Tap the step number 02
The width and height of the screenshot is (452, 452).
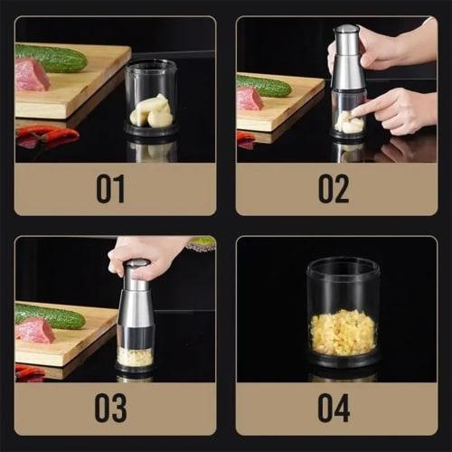(334, 188)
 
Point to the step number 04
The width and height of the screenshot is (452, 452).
(334, 408)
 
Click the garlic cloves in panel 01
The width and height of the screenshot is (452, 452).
(151, 111)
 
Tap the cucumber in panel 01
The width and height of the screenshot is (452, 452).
(51, 59)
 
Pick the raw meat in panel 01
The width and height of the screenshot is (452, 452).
(32, 75)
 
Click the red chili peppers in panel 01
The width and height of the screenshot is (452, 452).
(47, 136)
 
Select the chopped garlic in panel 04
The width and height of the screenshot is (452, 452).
(342, 332)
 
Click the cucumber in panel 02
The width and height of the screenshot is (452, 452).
(264, 87)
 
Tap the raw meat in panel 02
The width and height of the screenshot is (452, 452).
(250, 99)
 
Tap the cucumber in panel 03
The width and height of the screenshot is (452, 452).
(50, 315)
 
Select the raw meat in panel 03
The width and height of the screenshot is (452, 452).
(35, 330)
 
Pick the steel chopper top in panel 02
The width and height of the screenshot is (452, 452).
(347, 58)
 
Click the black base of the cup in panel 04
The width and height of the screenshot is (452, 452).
(342, 362)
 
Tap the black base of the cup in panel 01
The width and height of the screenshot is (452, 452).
(149, 130)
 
